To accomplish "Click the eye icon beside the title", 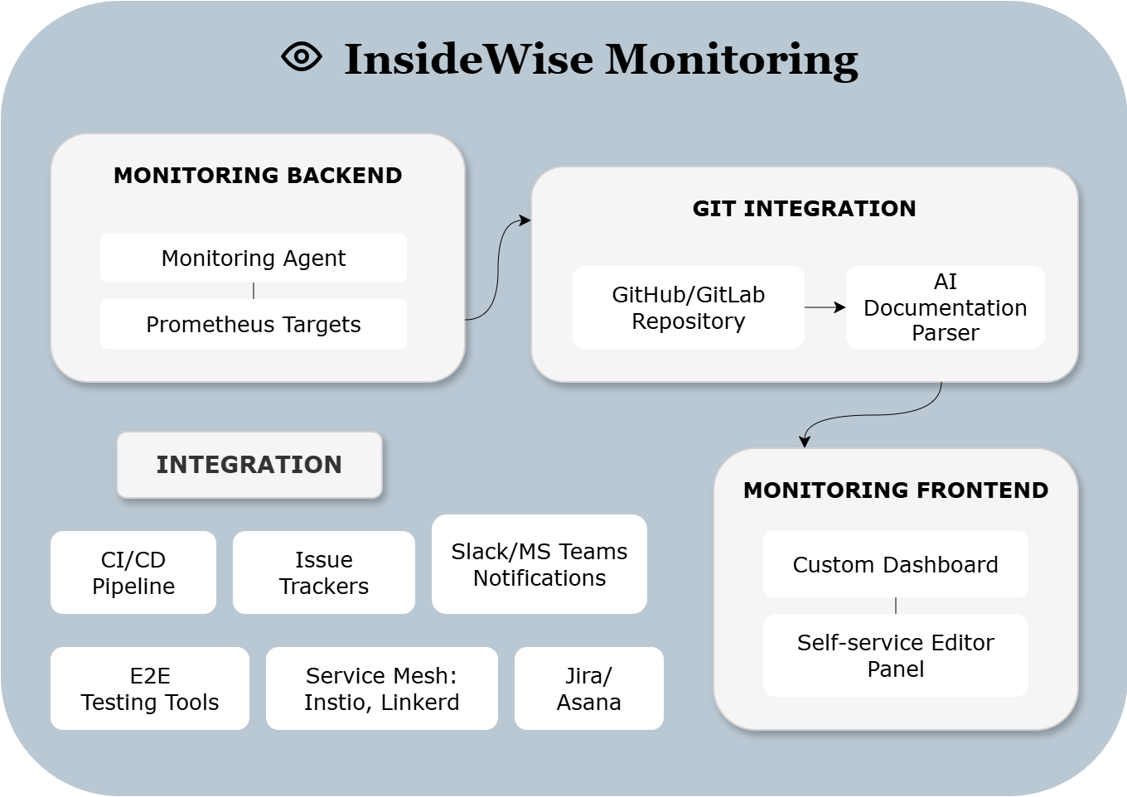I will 301,56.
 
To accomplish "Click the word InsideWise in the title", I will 468,60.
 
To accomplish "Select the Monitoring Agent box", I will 254,258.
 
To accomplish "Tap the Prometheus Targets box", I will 254,324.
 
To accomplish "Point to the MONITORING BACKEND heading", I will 258,176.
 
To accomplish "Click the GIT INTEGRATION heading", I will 804,209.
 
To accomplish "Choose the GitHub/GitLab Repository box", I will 688,307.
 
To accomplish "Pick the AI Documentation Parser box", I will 945,307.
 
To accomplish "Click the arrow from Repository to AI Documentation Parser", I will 825,307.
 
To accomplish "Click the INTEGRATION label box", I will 249,465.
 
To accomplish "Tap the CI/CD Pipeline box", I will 133,572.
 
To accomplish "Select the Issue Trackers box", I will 324,572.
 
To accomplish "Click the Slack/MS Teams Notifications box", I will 539,564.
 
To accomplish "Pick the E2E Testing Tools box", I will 150,688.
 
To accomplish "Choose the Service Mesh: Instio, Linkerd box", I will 382,688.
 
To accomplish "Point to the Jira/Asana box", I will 589,688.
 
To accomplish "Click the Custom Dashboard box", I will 895,564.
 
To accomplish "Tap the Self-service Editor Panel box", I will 895,655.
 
